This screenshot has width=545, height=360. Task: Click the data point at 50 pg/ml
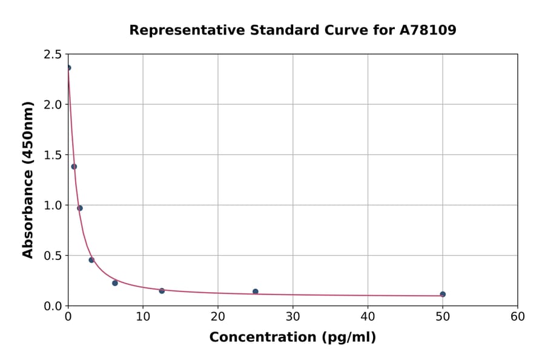click(x=443, y=294)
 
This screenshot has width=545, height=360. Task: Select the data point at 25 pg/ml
click(x=256, y=292)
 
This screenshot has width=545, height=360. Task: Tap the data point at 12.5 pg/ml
click(x=162, y=291)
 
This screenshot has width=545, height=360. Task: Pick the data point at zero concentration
click(x=68, y=67)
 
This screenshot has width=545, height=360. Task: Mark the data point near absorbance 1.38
click(x=74, y=167)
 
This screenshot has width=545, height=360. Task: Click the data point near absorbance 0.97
click(x=80, y=208)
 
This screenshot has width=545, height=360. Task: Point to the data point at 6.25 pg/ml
click(x=115, y=283)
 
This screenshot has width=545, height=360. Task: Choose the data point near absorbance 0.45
click(x=91, y=260)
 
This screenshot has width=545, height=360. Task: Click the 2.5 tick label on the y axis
click(x=53, y=55)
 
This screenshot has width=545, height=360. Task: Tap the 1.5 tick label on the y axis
click(x=53, y=155)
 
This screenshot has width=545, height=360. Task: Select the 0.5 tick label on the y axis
click(x=53, y=256)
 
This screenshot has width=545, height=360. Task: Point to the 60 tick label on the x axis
click(x=518, y=316)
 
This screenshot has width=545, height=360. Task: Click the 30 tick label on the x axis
click(x=293, y=316)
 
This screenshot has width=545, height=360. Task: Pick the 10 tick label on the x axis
click(x=143, y=316)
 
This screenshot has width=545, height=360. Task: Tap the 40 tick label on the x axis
click(x=368, y=316)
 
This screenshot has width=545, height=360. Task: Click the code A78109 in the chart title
click(x=428, y=30)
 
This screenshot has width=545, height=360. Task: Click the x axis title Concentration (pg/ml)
click(x=292, y=338)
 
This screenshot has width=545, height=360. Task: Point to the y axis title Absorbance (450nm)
click(x=28, y=179)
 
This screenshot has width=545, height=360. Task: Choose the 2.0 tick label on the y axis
click(x=53, y=105)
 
